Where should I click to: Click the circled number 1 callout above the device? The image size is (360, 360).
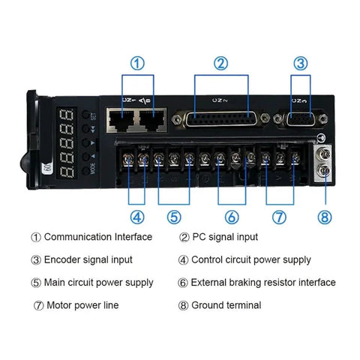pos(137,64)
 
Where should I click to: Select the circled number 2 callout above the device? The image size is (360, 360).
pos(220,64)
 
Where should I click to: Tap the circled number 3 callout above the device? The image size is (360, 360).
pos(299,64)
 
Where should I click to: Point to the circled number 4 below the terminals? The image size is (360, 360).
pos(136,217)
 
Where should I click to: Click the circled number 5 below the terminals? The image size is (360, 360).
pos(173,217)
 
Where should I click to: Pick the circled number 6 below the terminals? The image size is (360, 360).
pos(232,217)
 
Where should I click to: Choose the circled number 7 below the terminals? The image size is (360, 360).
pos(279,217)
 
